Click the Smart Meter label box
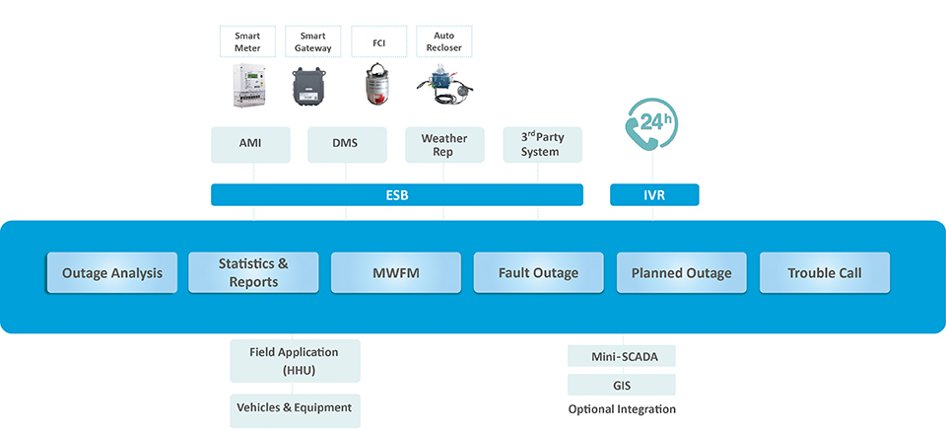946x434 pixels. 247,41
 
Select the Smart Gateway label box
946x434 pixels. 312,41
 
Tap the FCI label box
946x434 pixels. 377,41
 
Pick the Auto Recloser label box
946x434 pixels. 443,41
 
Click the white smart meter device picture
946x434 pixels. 249,86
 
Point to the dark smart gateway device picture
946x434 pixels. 312,88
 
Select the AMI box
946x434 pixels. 250,144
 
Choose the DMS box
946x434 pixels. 346,144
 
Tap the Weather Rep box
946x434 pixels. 444,144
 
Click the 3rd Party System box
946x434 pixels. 541,144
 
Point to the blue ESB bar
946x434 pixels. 396,195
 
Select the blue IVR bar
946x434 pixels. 654,195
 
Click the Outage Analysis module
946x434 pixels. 112,273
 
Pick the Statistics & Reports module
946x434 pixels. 254,273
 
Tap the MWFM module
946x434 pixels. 396,273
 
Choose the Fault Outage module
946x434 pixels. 539,273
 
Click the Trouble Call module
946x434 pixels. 824,273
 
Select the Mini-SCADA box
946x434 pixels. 622,356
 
